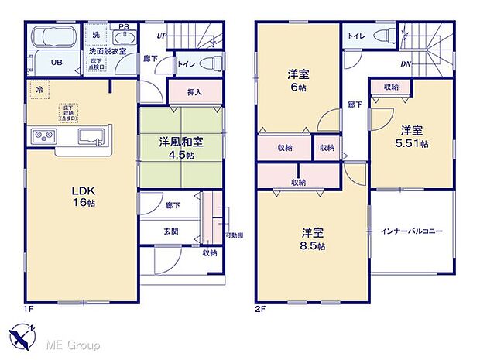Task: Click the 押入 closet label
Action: pyautogui.click(x=196, y=92)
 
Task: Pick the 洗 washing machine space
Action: pyautogui.click(x=96, y=36)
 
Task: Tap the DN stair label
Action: pyautogui.click(x=406, y=65)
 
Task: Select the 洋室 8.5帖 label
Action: pyautogui.click(x=314, y=238)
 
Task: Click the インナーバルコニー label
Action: pyautogui.click(x=411, y=231)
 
